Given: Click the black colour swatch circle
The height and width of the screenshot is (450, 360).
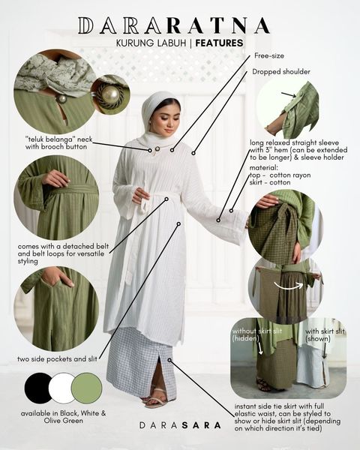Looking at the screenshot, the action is pyautogui.click(x=39, y=388).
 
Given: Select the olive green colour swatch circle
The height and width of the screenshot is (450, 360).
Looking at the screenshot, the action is pyautogui.click(x=87, y=388).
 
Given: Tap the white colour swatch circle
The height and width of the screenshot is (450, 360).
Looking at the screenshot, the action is pyautogui.click(x=61, y=388).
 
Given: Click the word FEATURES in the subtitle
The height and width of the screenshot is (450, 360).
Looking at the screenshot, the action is pyautogui.click(x=219, y=43).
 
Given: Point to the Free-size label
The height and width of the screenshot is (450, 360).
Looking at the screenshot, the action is pyautogui.click(x=269, y=55).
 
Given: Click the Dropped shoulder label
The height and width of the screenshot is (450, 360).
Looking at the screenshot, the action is pyautogui.click(x=281, y=71).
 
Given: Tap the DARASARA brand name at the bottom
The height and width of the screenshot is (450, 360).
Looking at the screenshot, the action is pyautogui.click(x=180, y=425).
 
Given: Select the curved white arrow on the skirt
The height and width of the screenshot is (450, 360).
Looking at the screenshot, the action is pyautogui.click(x=288, y=285).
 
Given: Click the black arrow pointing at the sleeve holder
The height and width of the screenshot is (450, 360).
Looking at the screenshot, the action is pyautogui.click(x=289, y=94).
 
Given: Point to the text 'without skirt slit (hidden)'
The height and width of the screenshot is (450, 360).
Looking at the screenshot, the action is pyautogui.click(x=257, y=334).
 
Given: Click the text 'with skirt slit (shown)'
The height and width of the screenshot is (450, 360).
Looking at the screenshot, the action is pyautogui.click(x=325, y=335).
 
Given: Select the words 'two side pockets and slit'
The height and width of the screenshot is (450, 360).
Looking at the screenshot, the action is pyautogui.click(x=57, y=358).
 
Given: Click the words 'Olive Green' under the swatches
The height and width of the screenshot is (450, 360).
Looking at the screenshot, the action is pyautogui.click(x=64, y=421).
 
